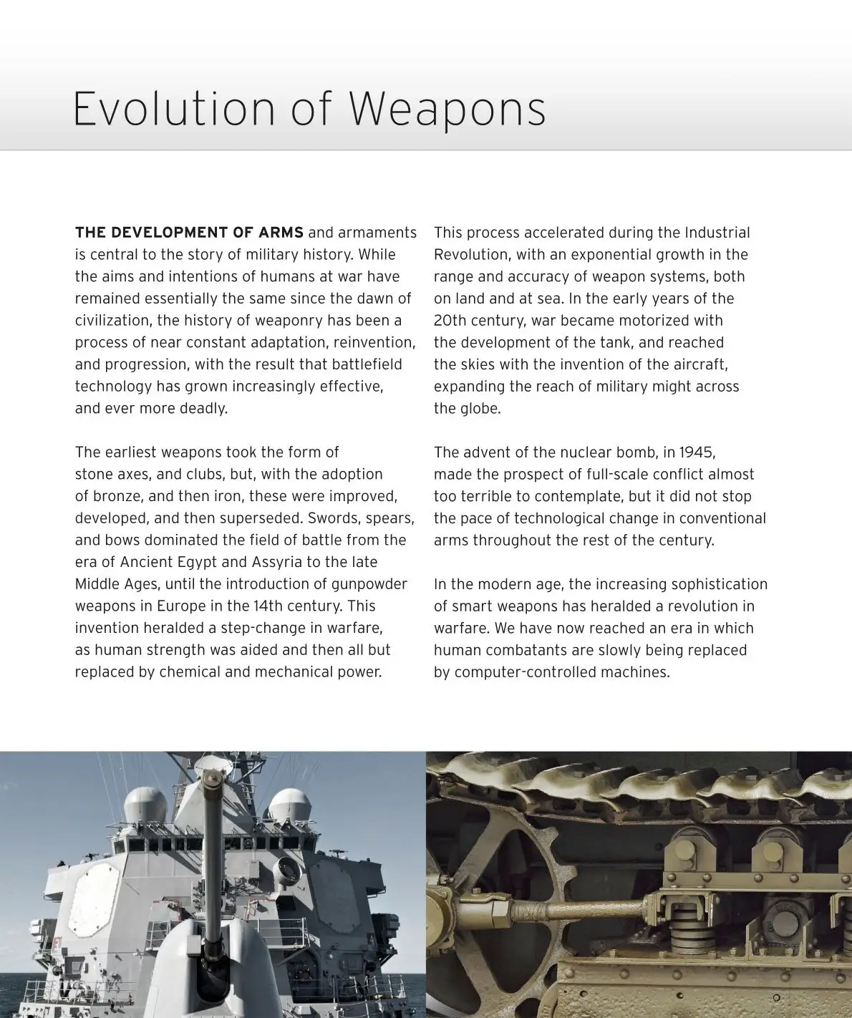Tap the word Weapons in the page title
tap(447, 109)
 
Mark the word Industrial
tap(717, 233)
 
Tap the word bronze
tap(115, 496)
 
